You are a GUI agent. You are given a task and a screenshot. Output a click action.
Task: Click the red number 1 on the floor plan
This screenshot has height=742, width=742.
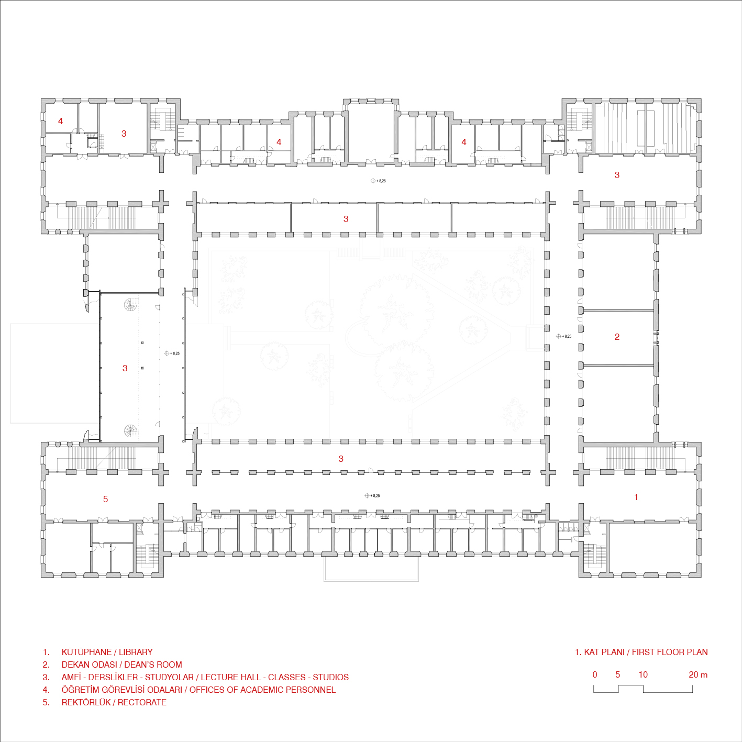click(x=636, y=497)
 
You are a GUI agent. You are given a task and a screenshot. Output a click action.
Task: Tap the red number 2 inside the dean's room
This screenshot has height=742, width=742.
click(x=617, y=337)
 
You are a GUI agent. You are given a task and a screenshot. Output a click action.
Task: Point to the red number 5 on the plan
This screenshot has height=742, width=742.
click(x=105, y=499)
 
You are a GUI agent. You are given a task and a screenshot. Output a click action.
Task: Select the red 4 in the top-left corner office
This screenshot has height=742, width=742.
click(x=60, y=121)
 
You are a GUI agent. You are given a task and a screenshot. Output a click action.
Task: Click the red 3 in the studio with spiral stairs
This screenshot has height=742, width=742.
click(x=125, y=368)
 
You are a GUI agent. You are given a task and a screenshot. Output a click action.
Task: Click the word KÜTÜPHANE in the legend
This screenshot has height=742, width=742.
click(x=86, y=652)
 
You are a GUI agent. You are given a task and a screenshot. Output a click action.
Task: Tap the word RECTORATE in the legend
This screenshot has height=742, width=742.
click(x=142, y=702)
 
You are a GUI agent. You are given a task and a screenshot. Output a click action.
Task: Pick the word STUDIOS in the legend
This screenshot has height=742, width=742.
click(x=331, y=677)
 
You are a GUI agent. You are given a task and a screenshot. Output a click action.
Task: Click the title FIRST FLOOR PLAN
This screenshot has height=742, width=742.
click(x=670, y=652)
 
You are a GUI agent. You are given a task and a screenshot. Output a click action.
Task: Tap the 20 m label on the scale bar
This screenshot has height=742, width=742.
click(x=698, y=674)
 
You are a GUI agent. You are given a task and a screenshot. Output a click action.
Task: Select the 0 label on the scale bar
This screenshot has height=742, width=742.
click(x=595, y=674)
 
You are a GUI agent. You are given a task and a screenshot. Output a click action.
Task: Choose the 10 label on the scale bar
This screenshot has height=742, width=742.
click(x=643, y=674)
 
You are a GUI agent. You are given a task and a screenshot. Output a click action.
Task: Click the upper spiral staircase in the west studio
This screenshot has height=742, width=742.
click(x=130, y=305)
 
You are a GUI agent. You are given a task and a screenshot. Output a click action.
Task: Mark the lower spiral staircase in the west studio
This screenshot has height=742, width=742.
click(x=130, y=430)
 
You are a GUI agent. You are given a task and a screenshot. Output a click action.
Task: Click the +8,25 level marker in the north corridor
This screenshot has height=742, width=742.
click(x=378, y=181)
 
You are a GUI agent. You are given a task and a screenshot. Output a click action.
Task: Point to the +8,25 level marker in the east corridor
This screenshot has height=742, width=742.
click(x=564, y=336)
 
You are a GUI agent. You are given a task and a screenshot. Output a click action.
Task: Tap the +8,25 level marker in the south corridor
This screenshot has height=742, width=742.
click(x=372, y=495)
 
